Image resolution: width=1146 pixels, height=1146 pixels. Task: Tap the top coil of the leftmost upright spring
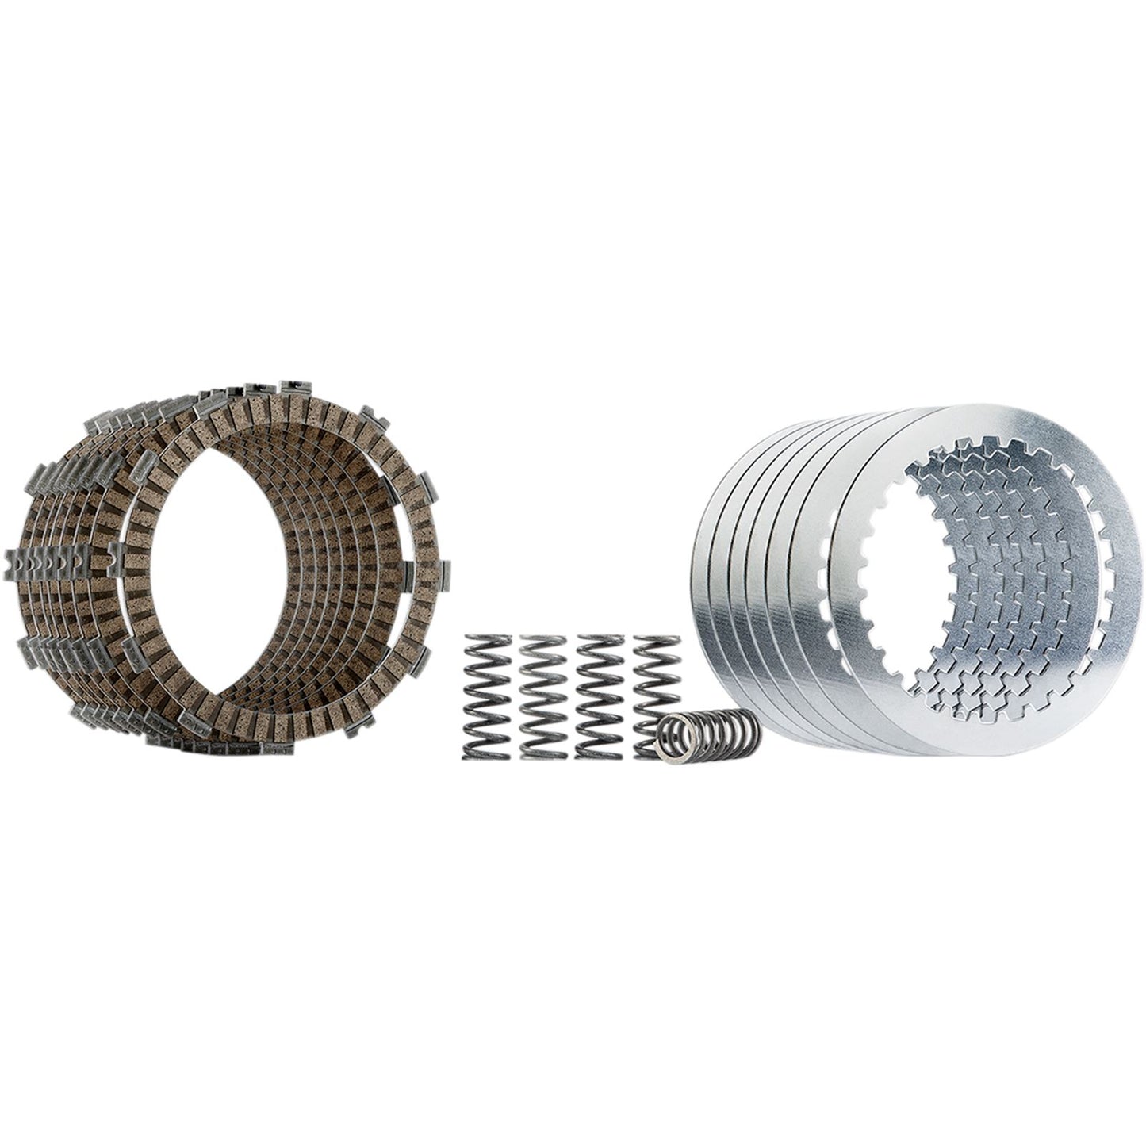coord(486,641)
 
